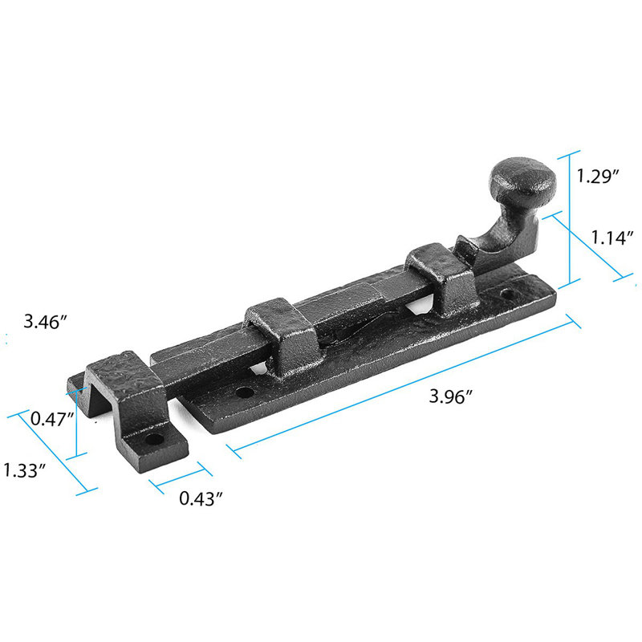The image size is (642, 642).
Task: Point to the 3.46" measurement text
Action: [45, 323]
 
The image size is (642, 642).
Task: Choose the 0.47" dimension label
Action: [51, 418]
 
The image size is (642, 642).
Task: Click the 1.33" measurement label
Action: [22, 470]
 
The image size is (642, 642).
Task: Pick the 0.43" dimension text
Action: [201, 498]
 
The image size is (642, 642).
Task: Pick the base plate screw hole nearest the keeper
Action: [243, 394]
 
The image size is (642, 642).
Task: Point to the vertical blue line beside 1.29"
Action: [571, 217]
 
